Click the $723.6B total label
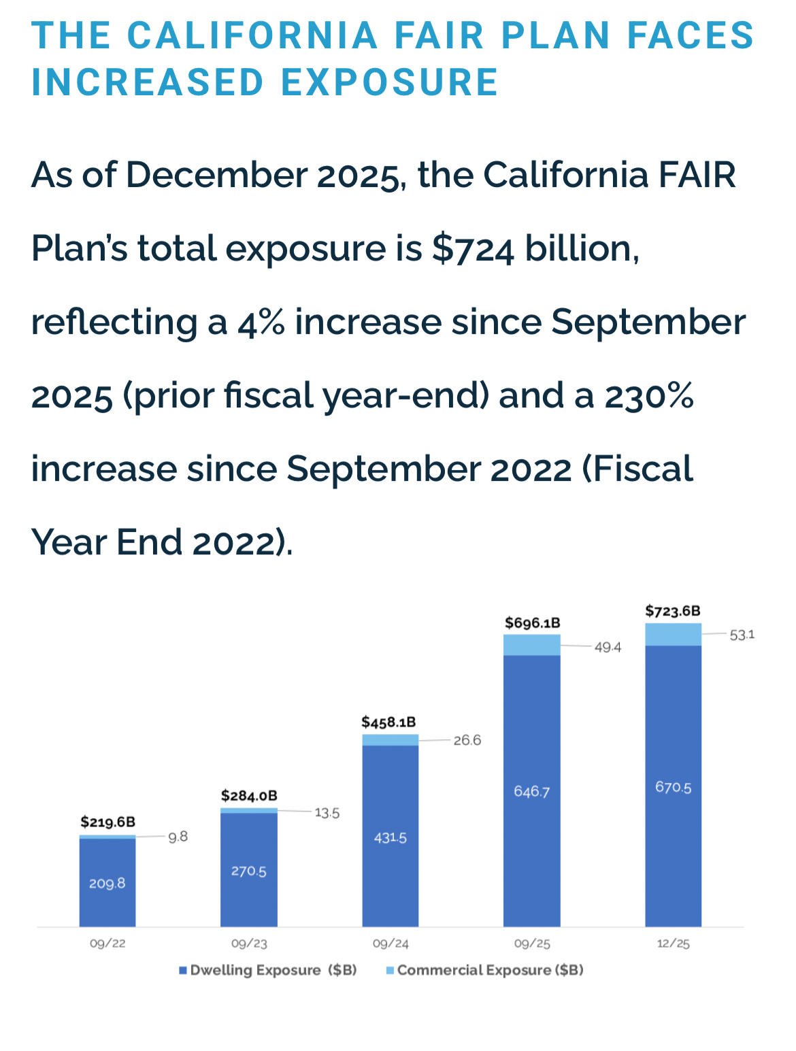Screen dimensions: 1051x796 tap(672, 611)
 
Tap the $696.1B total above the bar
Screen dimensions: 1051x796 tap(532, 623)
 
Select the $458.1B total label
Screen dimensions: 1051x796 tap(388, 722)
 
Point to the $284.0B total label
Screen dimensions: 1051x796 tap(249, 796)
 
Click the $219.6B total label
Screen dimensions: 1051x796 tap(107, 822)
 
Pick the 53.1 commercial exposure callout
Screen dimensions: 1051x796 tap(742, 635)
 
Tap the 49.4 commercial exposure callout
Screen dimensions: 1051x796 tap(608, 647)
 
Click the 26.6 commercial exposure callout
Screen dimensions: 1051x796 tap(467, 740)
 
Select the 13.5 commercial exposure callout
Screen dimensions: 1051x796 tap(327, 813)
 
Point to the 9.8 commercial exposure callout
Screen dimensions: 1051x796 tap(178, 837)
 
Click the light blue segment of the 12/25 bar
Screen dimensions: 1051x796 tap(673, 634)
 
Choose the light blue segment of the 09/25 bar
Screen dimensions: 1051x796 tap(531, 645)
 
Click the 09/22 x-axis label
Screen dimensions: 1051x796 tap(107, 944)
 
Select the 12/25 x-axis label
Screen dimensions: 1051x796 tap(673, 944)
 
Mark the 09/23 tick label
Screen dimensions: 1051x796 tap(249, 944)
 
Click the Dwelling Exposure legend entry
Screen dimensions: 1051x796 tap(268, 970)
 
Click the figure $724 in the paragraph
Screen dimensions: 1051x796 tap(474, 248)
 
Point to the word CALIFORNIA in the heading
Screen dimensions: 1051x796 tap(252, 35)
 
